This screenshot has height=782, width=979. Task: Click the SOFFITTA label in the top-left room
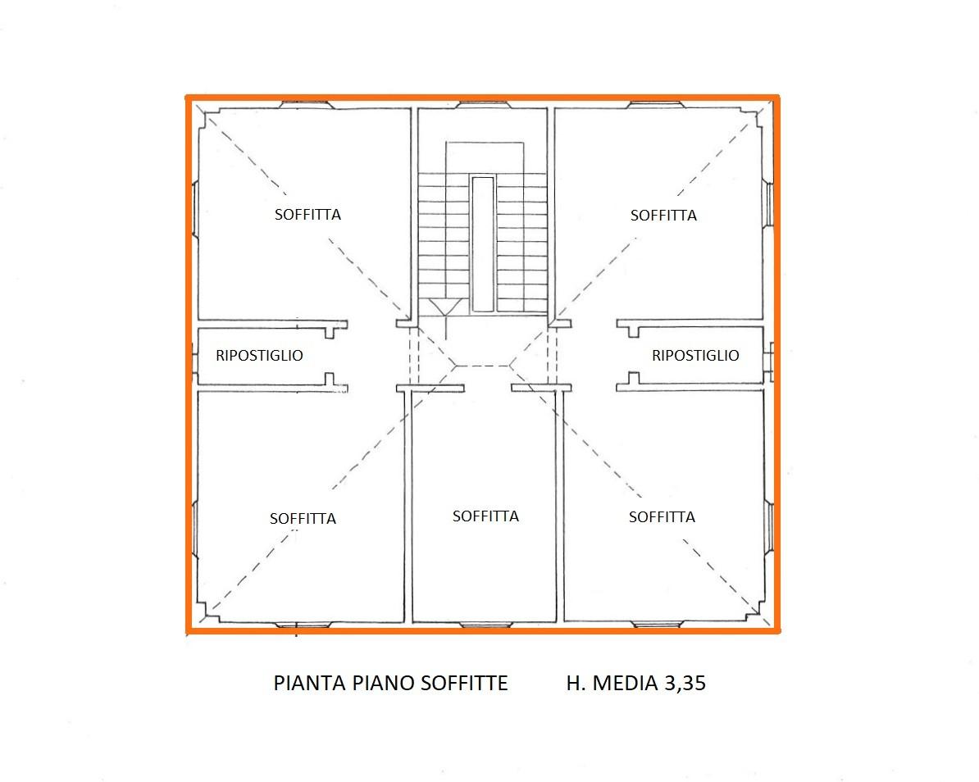(307, 215)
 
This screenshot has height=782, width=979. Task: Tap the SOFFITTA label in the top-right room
(663, 216)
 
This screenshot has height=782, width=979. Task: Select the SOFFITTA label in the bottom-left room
(303, 519)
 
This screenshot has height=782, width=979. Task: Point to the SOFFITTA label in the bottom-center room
(485, 516)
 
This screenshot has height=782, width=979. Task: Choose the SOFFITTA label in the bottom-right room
(662, 516)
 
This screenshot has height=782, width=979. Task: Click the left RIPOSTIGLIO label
(259, 355)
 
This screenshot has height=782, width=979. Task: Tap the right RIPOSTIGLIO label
(695, 355)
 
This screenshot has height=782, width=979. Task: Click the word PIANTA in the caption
(310, 683)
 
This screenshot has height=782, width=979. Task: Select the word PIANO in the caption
(384, 683)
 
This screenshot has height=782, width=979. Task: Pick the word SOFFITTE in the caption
(464, 683)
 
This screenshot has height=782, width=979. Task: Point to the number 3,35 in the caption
(685, 683)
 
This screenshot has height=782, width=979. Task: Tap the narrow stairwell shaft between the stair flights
(483, 244)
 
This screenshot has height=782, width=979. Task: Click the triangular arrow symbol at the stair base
(445, 307)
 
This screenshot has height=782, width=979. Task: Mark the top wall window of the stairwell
(483, 105)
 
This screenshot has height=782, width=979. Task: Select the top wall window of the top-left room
(307, 105)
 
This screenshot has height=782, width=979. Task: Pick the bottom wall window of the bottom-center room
(485, 624)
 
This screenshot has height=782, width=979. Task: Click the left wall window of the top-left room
(194, 208)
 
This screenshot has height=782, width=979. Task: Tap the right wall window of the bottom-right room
(770, 527)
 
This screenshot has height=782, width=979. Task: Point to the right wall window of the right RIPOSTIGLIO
(770, 362)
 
